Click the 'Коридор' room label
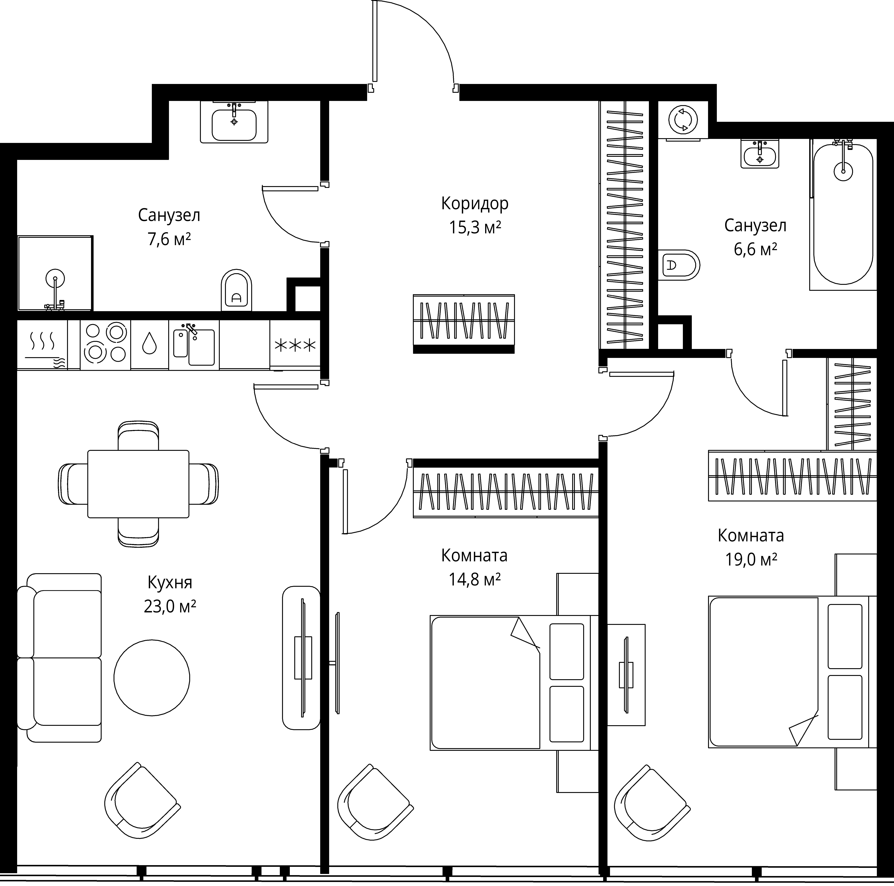pos(475,204)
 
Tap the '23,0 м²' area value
pos(170,606)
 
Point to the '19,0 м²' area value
pos(751,560)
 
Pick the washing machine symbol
pos(683,120)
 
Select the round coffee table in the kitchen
pos(152,678)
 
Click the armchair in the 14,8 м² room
pos(375,802)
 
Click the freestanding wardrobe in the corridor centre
pos(464,324)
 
